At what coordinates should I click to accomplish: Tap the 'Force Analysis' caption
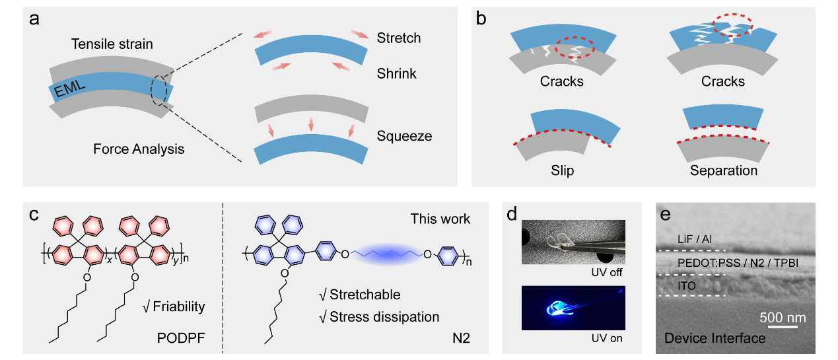[x=138, y=149]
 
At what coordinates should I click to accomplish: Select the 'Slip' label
[x=563, y=170]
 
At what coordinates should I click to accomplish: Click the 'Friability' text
[x=174, y=307]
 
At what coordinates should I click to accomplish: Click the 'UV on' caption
[x=607, y=338]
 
